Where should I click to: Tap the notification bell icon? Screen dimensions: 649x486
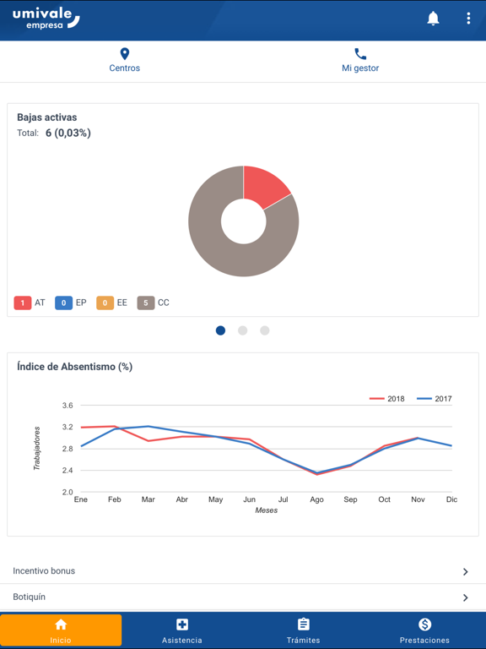point(433,19)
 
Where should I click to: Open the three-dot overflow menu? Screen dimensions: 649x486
point(468,19)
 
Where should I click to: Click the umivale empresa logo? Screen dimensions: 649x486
point(46,19)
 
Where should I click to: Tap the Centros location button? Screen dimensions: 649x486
point(125,60)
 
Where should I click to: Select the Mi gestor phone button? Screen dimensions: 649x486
point(360,60)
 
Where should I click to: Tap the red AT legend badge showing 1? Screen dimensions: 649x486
point(23,303)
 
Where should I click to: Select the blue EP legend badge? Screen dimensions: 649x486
point(63,303)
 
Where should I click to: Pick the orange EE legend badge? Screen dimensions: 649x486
point(105,303)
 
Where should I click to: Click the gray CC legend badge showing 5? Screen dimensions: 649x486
point(146,303)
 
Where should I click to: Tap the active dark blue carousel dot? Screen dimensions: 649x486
point(221,330)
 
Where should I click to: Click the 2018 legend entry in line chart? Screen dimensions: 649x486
point(387,399)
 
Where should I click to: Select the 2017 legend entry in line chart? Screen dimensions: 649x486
point(435,399)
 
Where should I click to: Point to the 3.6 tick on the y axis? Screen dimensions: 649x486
point(67,406)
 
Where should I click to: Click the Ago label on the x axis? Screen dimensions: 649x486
point(316,499)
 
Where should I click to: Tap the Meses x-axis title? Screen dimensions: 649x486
point(266,510)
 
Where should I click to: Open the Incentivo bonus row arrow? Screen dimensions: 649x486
point(465,572)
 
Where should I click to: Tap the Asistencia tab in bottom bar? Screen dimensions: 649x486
point(182,630)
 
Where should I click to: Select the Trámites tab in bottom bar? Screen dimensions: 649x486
point(304,630)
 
